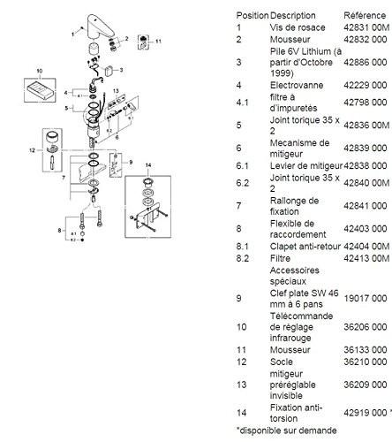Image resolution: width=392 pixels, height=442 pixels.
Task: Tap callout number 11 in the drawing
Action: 159,42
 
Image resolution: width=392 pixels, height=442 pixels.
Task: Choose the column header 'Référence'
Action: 363,15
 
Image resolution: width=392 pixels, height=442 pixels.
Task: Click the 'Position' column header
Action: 252,15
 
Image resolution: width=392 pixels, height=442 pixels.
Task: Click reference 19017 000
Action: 366,300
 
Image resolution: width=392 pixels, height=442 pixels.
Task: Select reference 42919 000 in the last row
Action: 366,411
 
